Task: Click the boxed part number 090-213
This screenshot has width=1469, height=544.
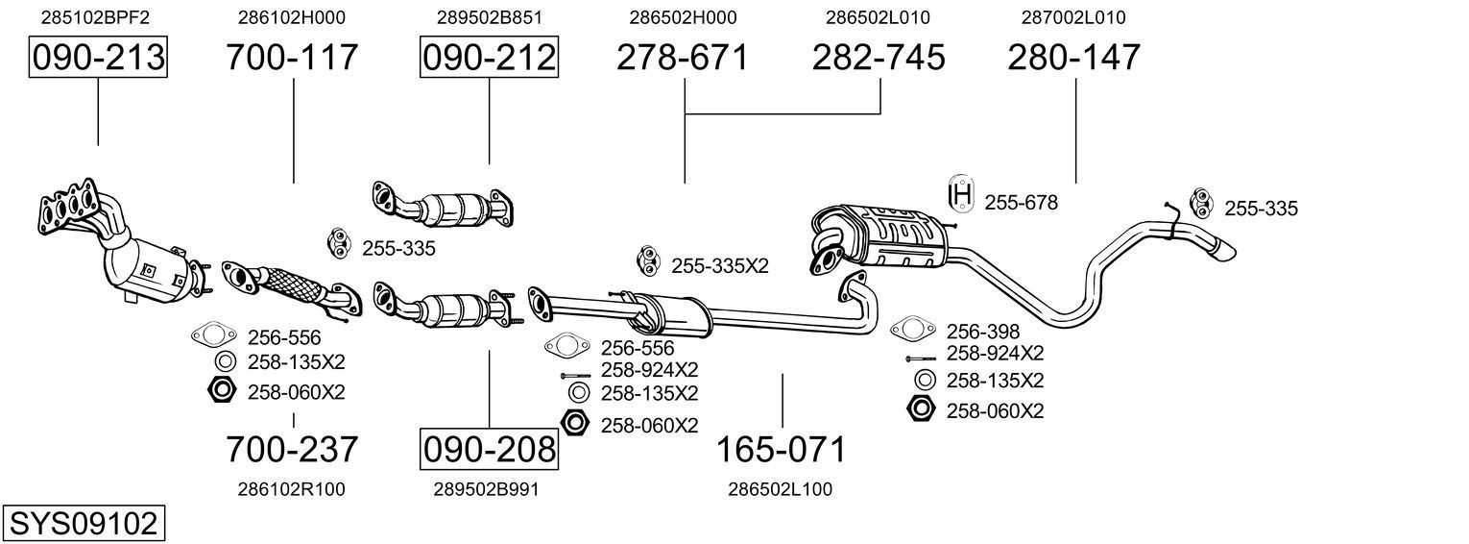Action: click(98, 58)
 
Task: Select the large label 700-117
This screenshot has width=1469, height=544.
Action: click(292, 58)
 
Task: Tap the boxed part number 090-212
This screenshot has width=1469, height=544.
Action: click(489, 58)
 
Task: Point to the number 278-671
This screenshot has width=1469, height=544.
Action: click(683, 58)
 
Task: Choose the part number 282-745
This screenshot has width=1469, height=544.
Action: click(879, 58)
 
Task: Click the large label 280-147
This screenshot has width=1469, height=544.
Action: click(1074, 58)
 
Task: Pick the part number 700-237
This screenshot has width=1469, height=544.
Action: click(292, 449)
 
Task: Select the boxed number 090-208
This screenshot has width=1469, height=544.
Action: click(489, 449)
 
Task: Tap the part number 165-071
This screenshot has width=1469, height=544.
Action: click(782, 449)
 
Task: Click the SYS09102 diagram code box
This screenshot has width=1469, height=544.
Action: click(83, 524)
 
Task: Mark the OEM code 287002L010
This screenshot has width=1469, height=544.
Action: click(1073, 17)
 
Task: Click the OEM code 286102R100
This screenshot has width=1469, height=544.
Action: click(291, 489)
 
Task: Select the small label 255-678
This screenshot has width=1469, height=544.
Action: click(1021, 203)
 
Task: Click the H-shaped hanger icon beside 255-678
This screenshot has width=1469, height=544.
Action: click(960, 195)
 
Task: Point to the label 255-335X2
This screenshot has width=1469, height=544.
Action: click(720, 266)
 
